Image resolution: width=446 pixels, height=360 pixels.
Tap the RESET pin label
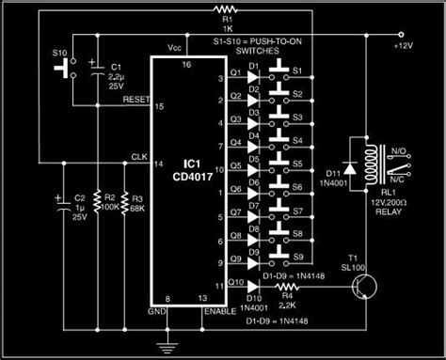(x=135, y=97)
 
